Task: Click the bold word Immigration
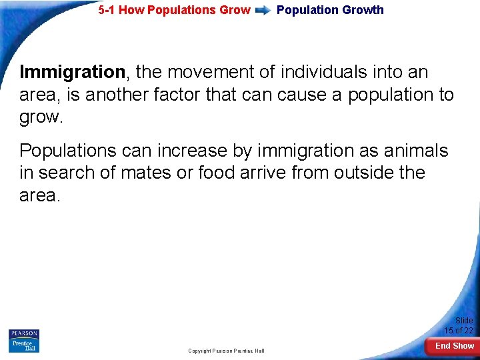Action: pos(72,72)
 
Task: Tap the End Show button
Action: pos(455,346)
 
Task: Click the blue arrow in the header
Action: pos(263,11)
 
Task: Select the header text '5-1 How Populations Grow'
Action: pos(174,10)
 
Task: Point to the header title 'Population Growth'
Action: pos(330,10)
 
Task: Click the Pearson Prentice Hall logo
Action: pos(24,341)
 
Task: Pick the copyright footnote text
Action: pos(226,351)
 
